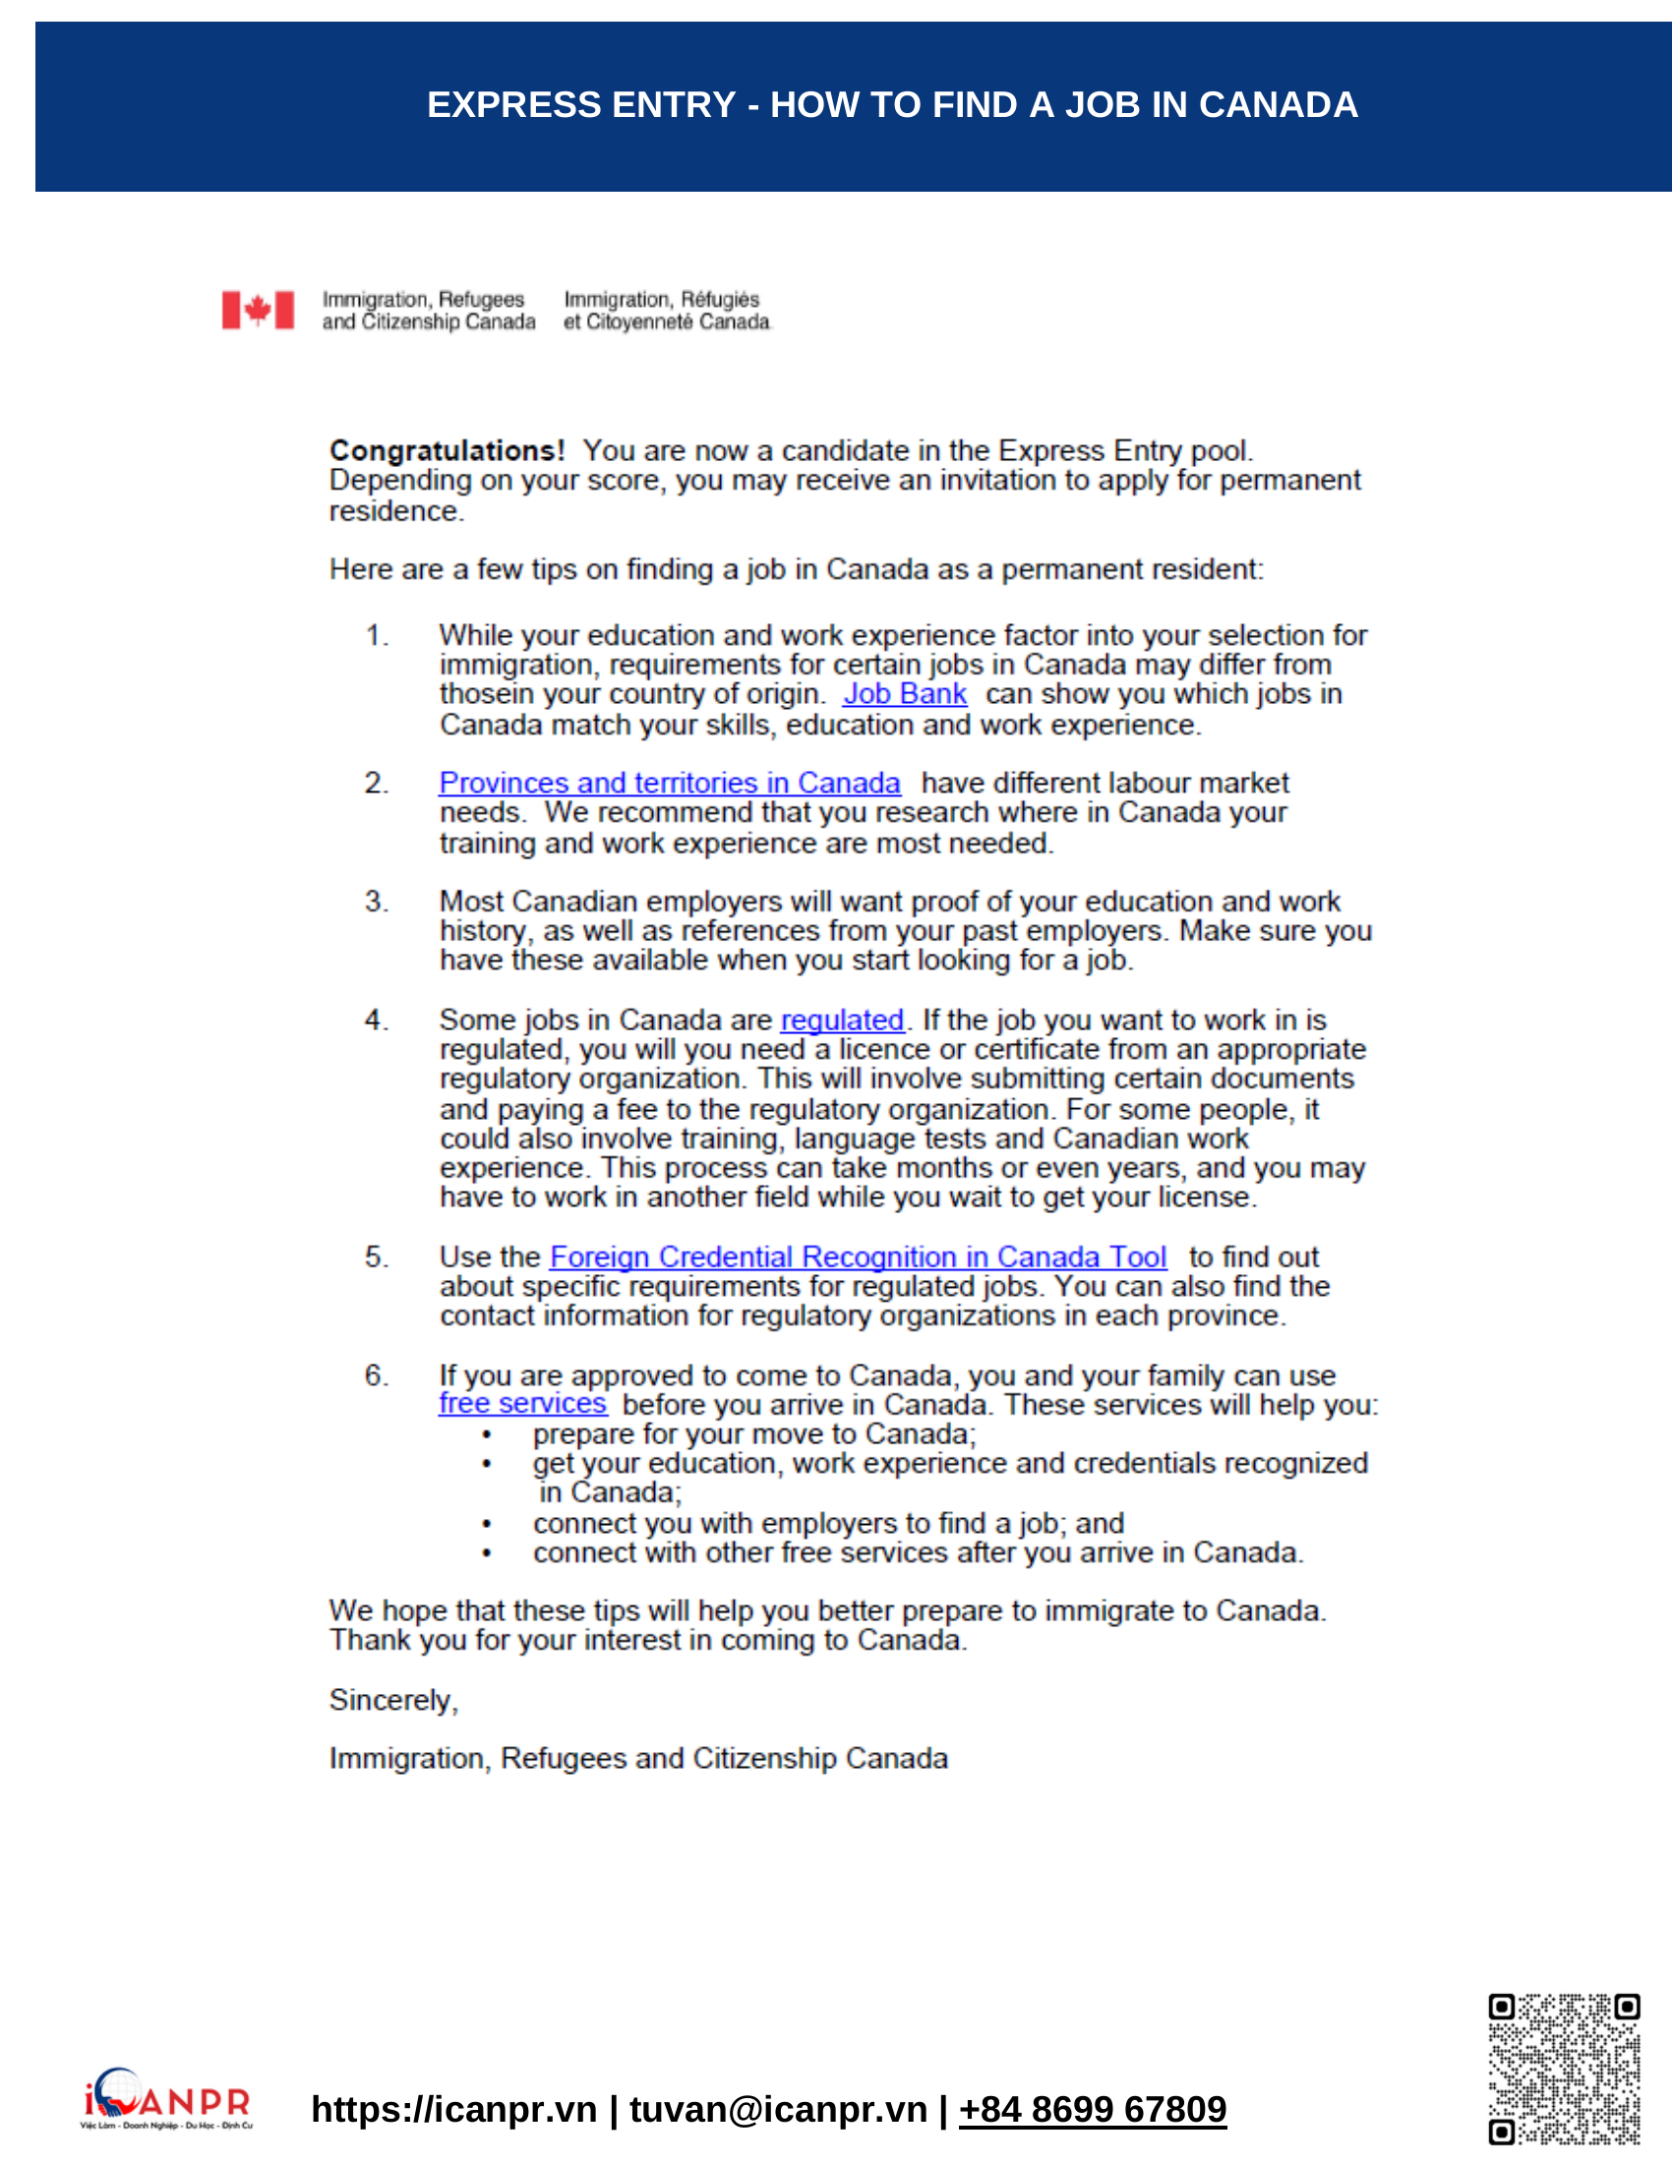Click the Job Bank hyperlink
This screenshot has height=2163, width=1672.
(903, 694)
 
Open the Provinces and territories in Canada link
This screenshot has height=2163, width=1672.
(670, 783)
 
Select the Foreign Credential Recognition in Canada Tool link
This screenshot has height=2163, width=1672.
(858, 1257)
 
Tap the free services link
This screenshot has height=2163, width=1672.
(523, 1403)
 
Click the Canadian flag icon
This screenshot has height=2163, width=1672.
(258, 310)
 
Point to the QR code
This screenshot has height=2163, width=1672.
(1564, 2069)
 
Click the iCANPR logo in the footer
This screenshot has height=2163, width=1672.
(166, 2099)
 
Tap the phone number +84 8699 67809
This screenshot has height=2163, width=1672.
(1093, 2110)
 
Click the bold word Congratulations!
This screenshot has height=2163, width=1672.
(447, 450)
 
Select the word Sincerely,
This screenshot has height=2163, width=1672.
(393, 1700)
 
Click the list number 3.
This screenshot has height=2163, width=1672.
(376, 902)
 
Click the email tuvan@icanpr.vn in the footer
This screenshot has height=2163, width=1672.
(778, 2110)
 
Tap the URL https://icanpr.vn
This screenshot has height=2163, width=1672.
(453, 2110)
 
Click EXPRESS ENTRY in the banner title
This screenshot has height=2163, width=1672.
(581, 105)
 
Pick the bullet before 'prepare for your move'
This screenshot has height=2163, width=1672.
(486, 1435)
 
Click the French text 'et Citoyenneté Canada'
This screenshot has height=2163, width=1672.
(666, 322)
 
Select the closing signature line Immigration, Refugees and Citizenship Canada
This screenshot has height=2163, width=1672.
(638, 1758)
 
